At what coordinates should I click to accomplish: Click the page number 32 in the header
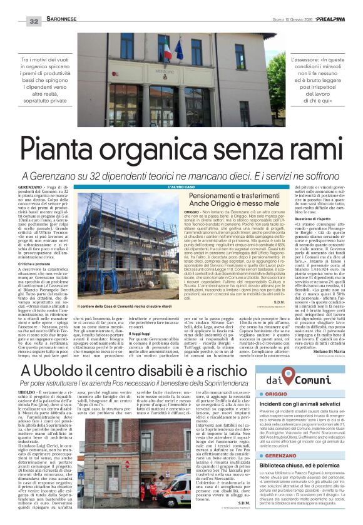[34, 21]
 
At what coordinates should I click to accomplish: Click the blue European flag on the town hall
[180, 48]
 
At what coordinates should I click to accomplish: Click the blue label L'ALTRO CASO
[183, 187]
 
